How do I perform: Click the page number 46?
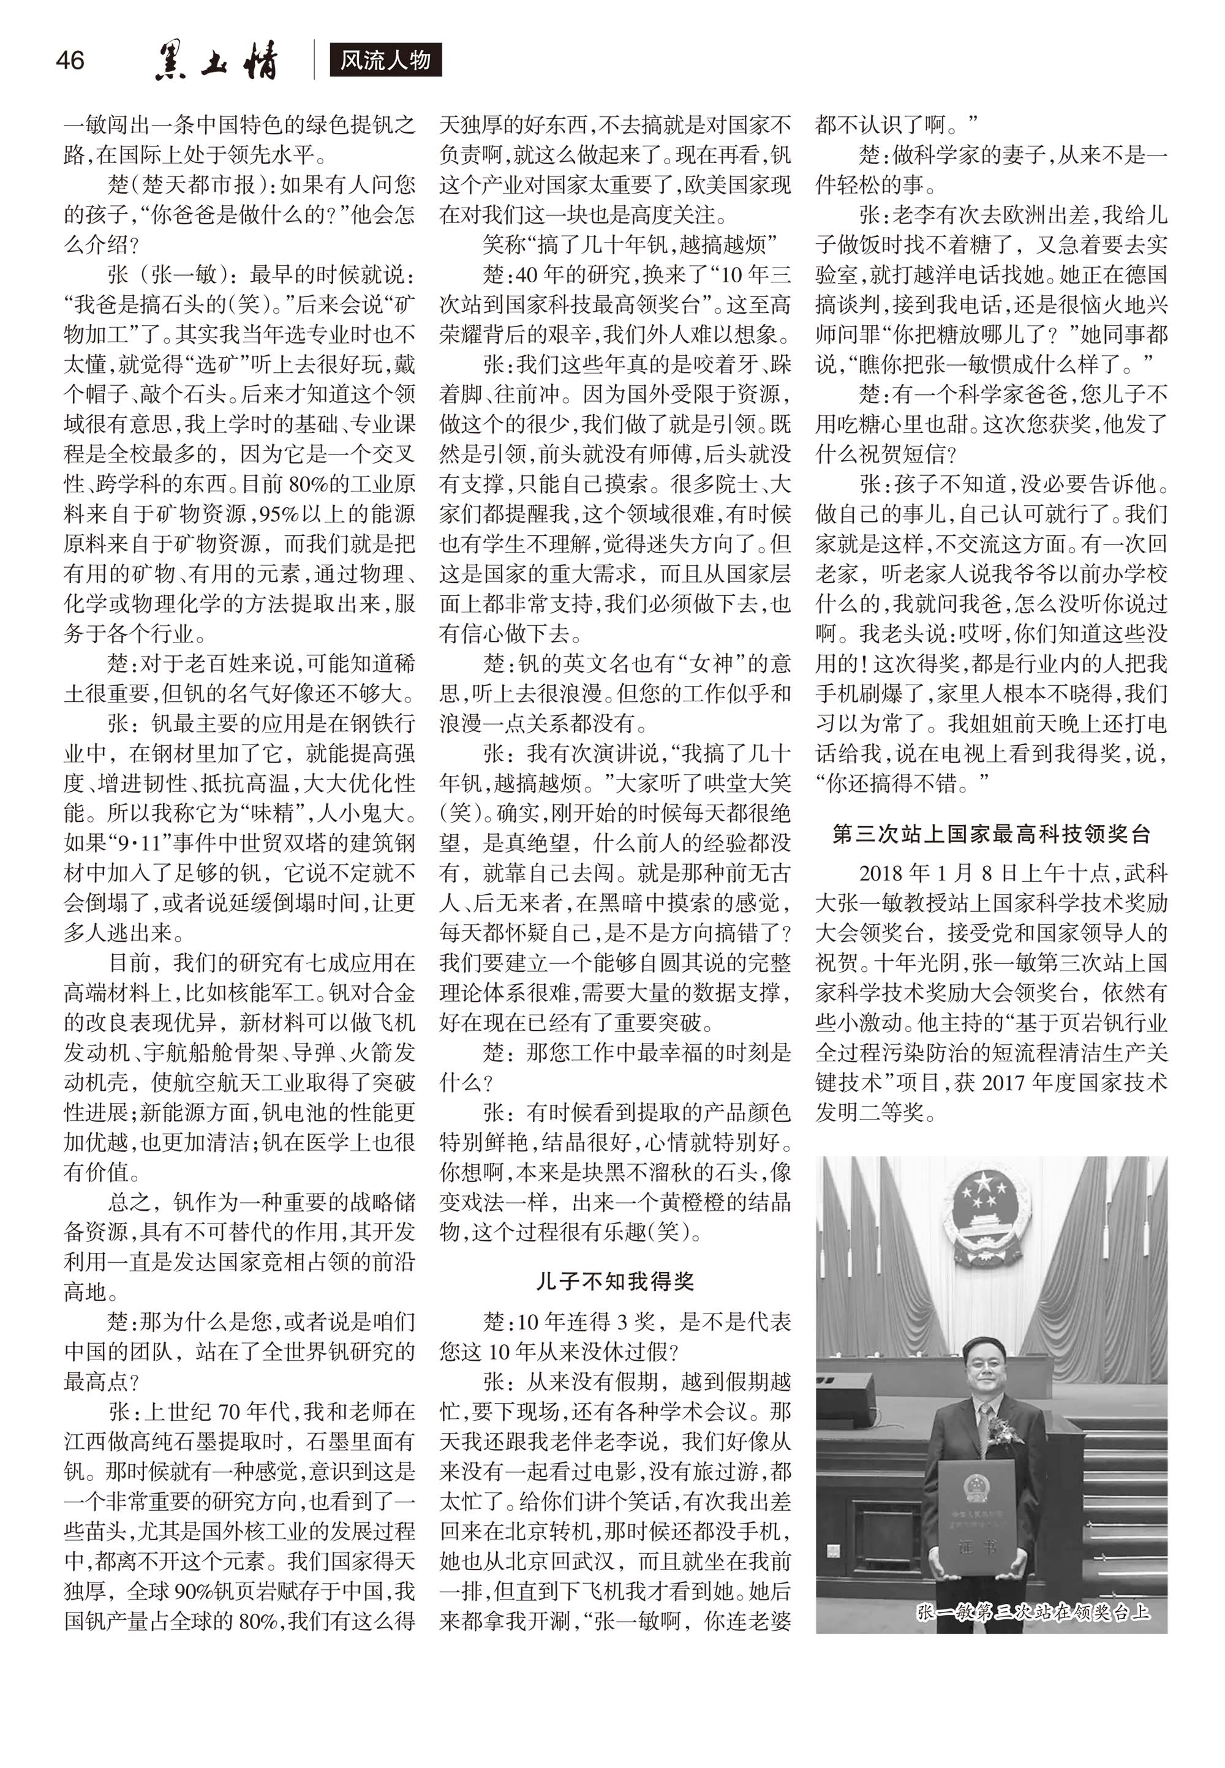[x=70, y=60]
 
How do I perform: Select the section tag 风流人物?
[x=385, y=61]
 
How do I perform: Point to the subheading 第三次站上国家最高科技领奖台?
[x=992, y=833]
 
